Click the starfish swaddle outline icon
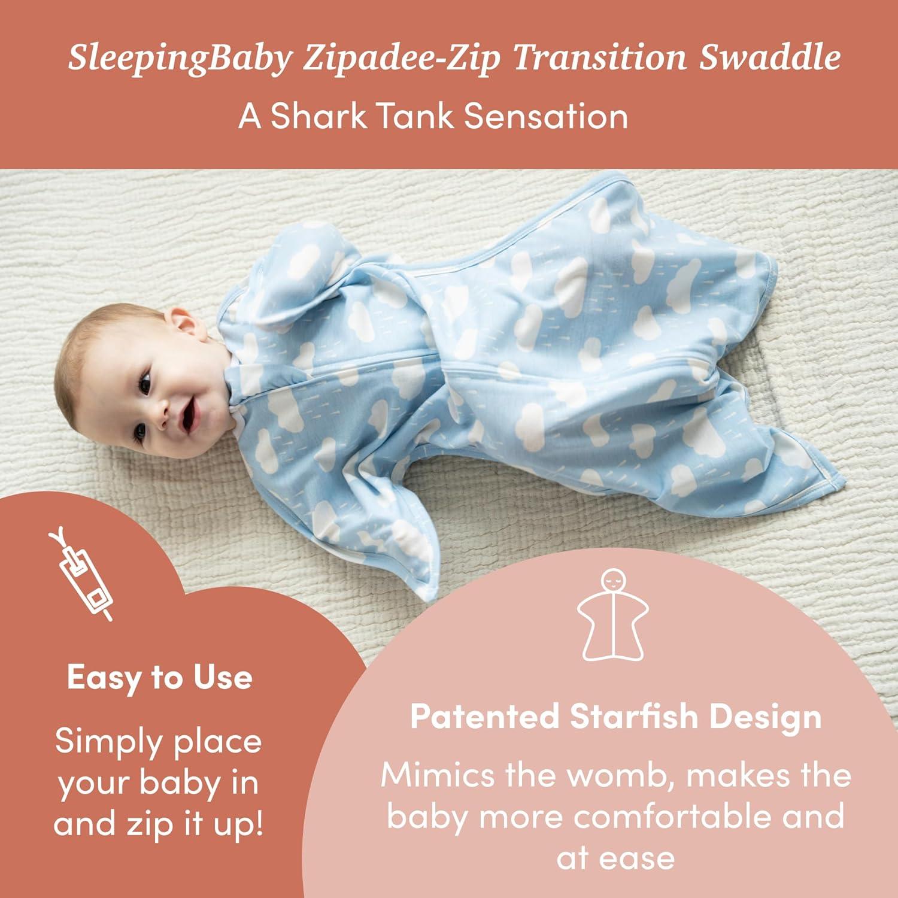tap(612, 614)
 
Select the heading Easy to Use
tap(159, 678)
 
